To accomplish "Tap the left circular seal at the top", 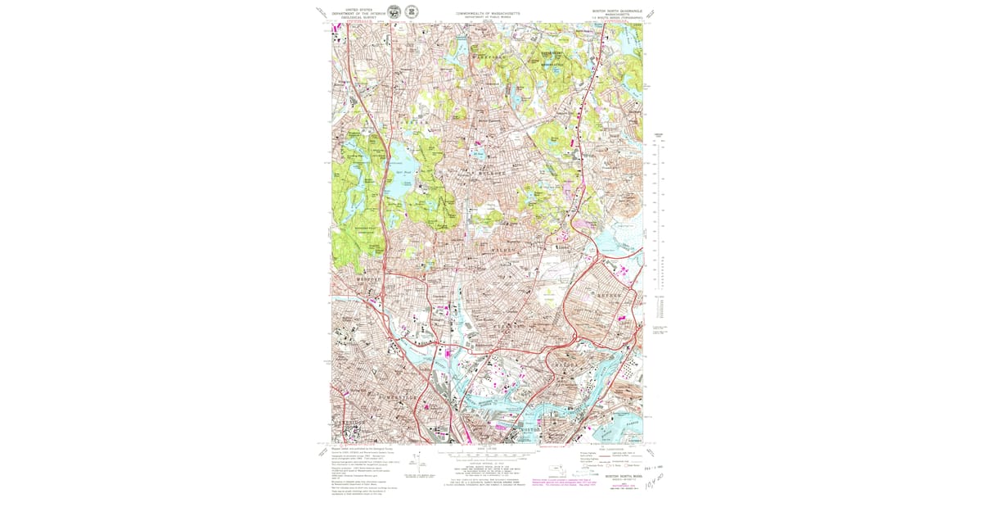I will click(x=394, y=11).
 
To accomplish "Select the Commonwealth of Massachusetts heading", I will click(x=488, y=12).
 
